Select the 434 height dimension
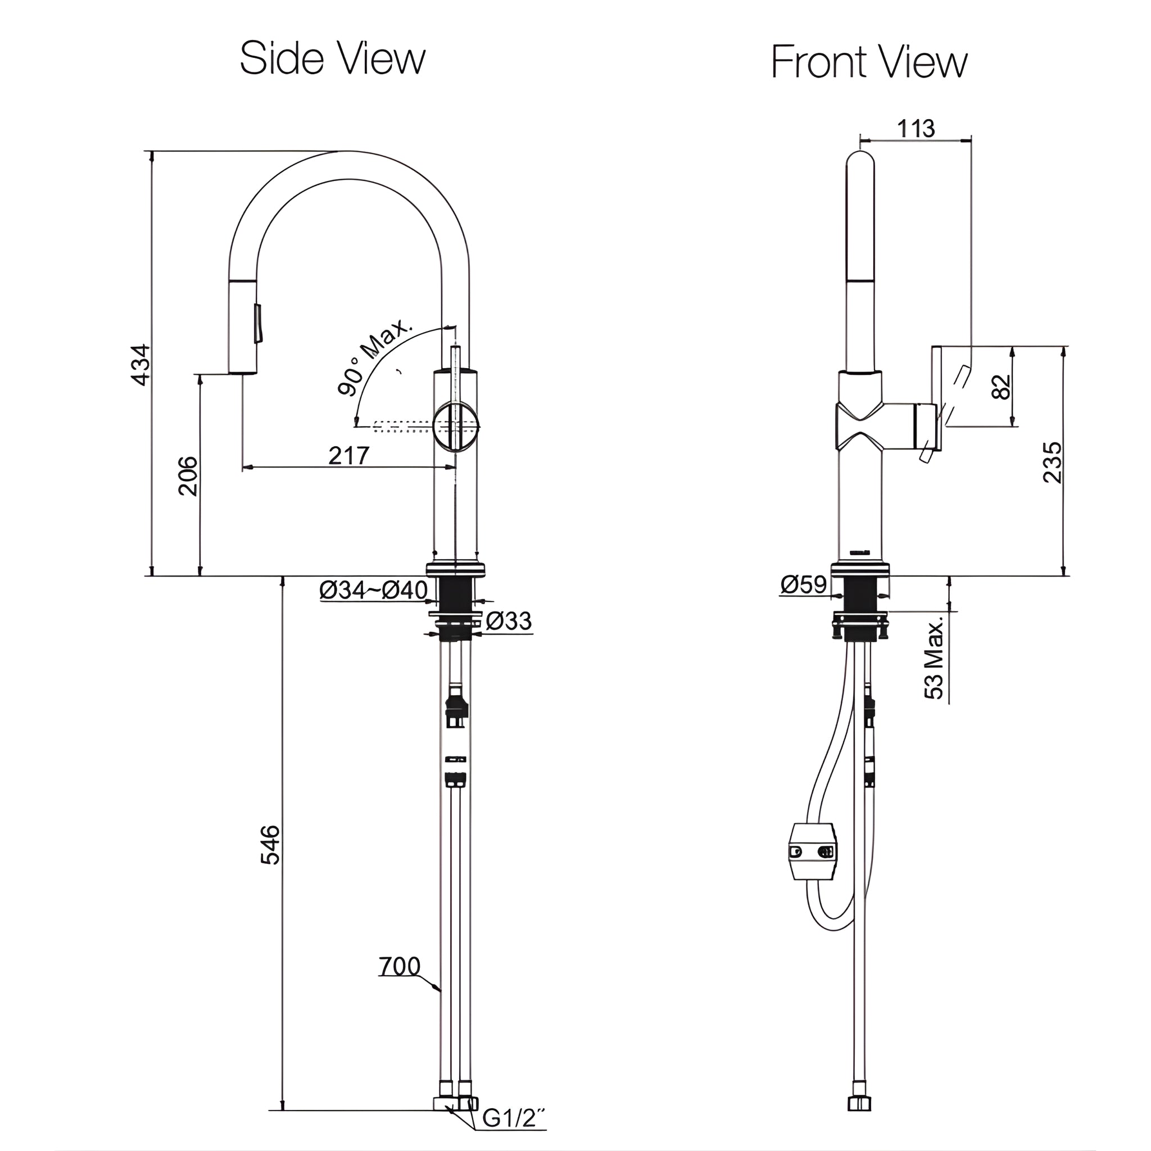(x=141, y=364)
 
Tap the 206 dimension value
(x=188, y=475)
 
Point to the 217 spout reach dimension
(x=348, y=455)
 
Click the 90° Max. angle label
(x=374, y=357)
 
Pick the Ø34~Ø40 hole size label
(x=373, y=590)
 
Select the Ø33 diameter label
(x=508, y=621)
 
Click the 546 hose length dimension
(x=270, y=844)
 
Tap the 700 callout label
(x=399, y=966)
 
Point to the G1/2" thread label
(x=513, y=1119)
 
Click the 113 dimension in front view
(x=916, y=128)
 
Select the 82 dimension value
(x=1002, y=386)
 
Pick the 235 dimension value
(x=1053, y=462)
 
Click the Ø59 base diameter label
(x=804, y=584)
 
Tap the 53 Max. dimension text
(x=935, y=658)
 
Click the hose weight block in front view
(x=812, y=852)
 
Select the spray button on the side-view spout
(x=258, y=324)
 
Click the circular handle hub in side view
(x=455, y=426)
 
